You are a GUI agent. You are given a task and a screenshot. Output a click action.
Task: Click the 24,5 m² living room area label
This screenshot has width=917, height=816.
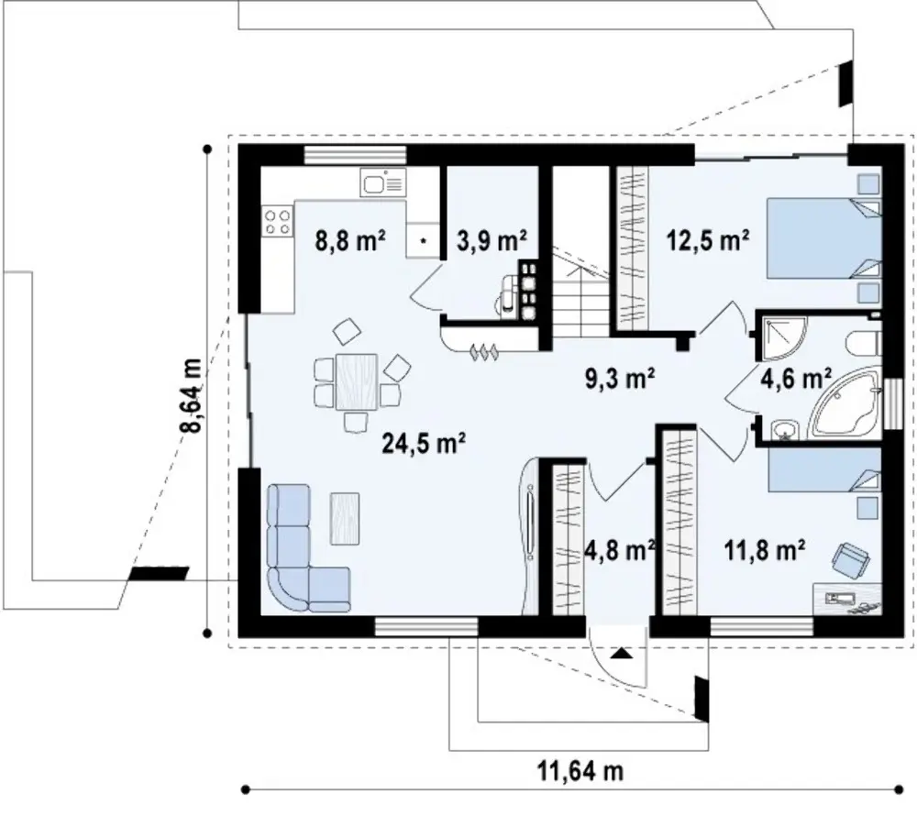(424, 444)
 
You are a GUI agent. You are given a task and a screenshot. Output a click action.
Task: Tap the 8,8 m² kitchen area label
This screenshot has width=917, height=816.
(350, 240)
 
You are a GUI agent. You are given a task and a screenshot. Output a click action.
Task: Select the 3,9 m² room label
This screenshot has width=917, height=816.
(492, 240)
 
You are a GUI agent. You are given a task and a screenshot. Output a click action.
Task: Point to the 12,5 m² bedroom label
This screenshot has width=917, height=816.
(709, 239)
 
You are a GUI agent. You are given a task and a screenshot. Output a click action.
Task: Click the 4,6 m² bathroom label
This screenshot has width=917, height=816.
(795, 378)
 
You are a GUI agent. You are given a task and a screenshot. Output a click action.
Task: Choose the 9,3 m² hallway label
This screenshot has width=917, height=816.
(619, 378)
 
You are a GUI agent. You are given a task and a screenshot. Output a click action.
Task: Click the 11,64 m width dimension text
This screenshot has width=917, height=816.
(580, 772)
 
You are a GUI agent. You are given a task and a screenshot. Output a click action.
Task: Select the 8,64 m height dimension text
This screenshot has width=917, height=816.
(193, 395)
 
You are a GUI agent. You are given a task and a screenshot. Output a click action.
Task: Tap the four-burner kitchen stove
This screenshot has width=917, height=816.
(278, 222)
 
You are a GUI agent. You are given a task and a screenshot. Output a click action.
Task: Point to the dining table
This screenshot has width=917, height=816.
(356, 381)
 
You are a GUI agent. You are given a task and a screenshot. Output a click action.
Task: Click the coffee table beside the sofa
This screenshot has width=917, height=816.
(345, 518)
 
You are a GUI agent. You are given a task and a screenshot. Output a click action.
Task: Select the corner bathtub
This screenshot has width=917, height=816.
(846, 404)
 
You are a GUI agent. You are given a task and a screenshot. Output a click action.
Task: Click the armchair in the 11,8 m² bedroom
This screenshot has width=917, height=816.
(850, 559)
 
